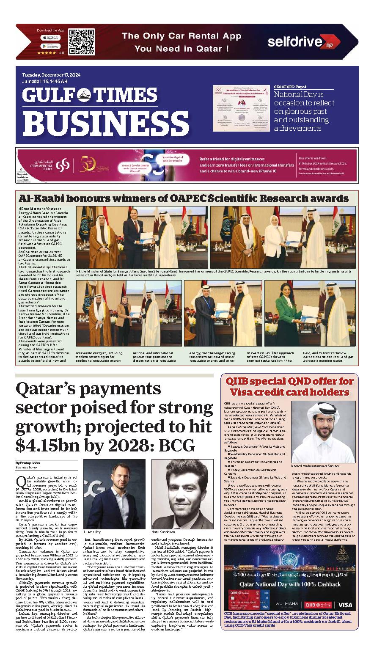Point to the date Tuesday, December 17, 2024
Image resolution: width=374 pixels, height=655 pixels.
(52, 75)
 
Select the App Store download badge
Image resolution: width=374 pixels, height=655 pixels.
(50, 38)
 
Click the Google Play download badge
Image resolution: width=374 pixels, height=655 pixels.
(50, 46)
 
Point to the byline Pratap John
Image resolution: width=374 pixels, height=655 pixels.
(27, 463)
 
